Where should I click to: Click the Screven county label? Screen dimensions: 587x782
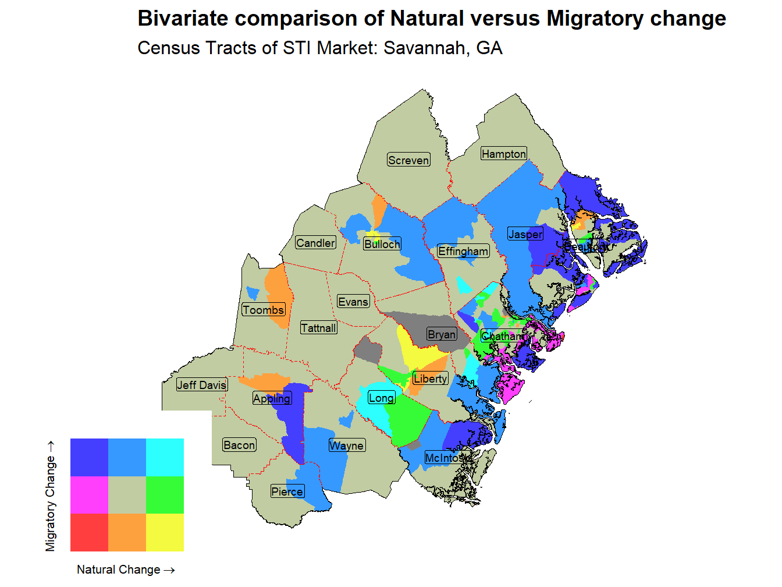tap(408, 160)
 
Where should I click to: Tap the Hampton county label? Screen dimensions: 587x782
tap(503, 154)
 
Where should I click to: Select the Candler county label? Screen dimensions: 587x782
tap(315, 243)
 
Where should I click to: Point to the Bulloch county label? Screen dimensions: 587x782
tap(382, 244)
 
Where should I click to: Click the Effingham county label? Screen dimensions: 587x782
tap(463, 251)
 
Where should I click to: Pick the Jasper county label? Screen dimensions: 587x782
tap(525, 234)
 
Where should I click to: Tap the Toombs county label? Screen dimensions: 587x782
tap(263, 310)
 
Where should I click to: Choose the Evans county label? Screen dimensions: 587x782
tap(353, 302)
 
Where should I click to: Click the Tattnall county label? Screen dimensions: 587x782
tap(318, 328)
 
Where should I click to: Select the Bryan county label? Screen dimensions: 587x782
tap(441, 334)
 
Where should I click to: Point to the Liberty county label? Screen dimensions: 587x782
tap(430, 379)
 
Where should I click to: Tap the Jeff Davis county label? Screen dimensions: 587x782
tap(201, 385)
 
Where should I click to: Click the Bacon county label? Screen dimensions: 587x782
tap(239, 445)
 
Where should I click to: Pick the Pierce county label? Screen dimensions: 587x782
tap(287, 491)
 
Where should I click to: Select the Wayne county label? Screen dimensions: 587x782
tap(347, 445)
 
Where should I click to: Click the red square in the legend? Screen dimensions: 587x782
tap(89, 532)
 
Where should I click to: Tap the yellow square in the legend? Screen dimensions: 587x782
tap(165, 532)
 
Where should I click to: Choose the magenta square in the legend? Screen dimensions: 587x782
tap(89, 495)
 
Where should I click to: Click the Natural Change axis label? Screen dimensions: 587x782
tap(126, 570)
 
